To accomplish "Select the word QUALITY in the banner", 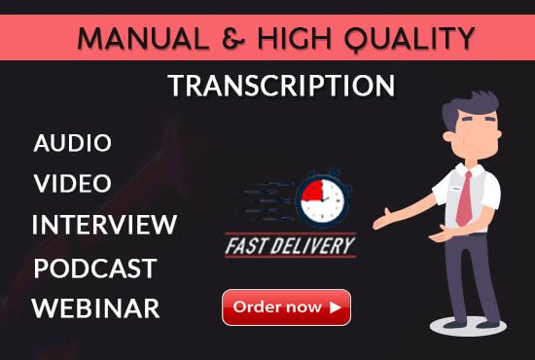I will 412,39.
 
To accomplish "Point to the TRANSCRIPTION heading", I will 281,86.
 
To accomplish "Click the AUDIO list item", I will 73,143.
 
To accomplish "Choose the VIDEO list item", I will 73,183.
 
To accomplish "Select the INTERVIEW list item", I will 104,225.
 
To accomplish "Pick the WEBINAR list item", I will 95,308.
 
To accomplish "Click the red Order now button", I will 286,307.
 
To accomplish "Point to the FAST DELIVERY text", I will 291,245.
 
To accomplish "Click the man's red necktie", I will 466,194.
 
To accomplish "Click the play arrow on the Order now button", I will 335,307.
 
